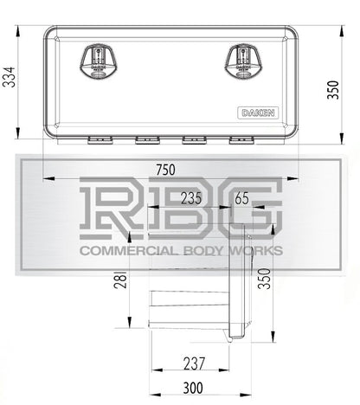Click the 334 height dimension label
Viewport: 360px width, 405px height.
tap(9, 77)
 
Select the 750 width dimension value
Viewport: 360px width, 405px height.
tap(165, 170)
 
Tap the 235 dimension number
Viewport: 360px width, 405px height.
tap(191, 198)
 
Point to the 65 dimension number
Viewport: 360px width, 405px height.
tap(241, 198)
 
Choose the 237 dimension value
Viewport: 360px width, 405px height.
tap(194, 363)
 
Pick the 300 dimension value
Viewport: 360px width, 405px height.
tap(193, 388)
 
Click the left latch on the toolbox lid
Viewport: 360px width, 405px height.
tap(99, 61)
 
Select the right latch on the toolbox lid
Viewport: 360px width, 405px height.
tap(243, 61)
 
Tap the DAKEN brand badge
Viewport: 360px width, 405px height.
tap(258, 112)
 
